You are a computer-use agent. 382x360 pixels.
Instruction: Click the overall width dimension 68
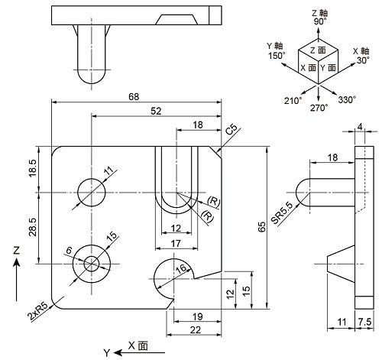tap(134, 97)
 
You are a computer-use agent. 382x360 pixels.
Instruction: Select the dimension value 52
tap(156, 111)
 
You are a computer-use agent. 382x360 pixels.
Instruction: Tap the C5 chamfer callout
tap(231, 130)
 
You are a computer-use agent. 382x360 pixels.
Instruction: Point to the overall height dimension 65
tap(262, 227)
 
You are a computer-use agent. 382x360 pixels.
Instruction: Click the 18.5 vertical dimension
tap(33, 168)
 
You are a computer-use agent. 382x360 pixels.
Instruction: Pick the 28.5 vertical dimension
tap(33, 227)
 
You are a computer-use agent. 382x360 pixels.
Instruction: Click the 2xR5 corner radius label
tap(38, 312)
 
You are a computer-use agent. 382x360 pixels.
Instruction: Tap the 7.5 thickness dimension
tap(364, 322)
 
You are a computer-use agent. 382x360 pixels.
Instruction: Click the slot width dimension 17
tap(176, 244)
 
